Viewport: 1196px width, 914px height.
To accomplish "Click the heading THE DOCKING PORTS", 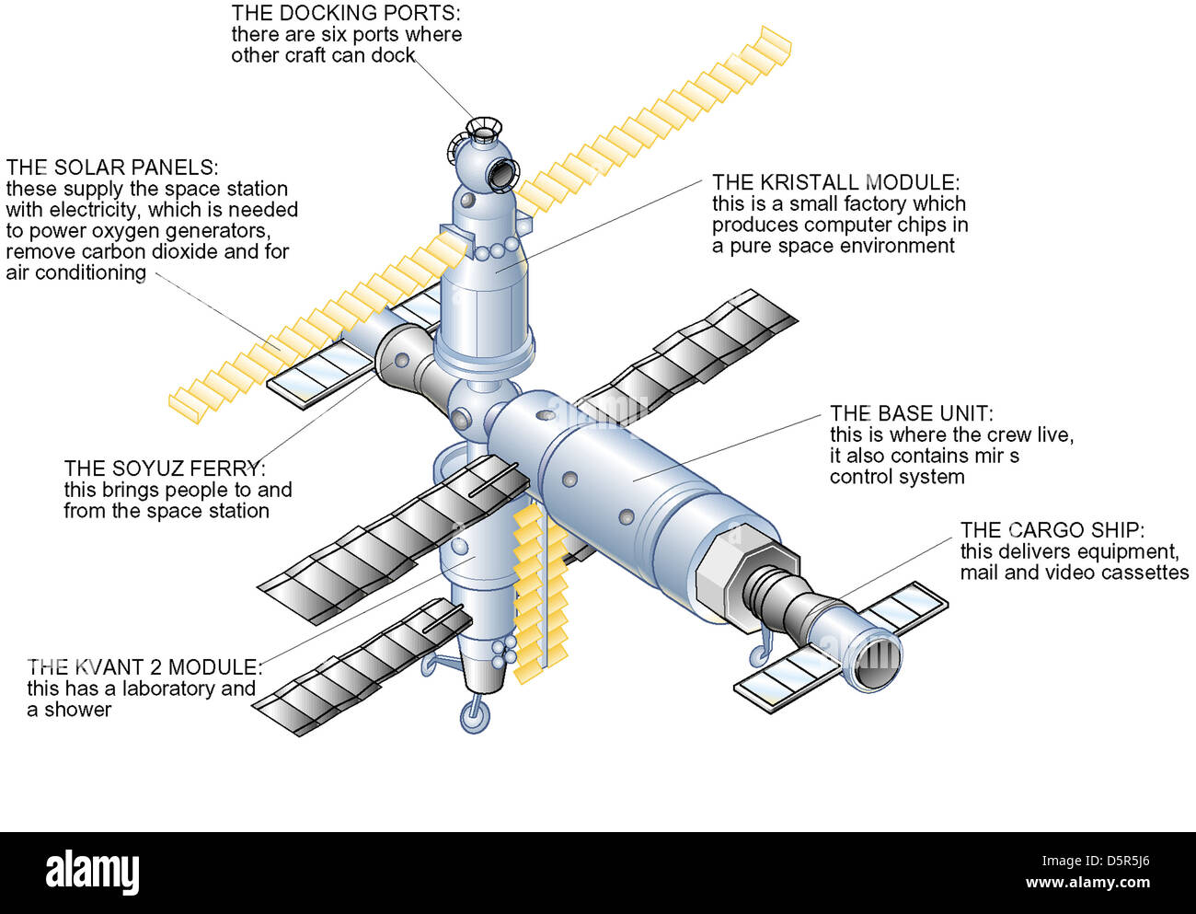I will pyautogui.click(x=345, y=13).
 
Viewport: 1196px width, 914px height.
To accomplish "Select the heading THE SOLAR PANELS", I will pyautogui.click(x=111, y=168).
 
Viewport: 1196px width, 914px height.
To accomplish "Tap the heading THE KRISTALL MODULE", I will pyautogui.click(x=835, y=182).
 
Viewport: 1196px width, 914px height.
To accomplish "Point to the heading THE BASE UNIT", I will pyautogui.click(x=911, y=414).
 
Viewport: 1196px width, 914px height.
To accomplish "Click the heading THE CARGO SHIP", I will pyautogui.click(x=1052, y=530).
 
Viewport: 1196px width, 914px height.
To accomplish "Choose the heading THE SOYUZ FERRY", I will pyautogui.click(x=165, y=469).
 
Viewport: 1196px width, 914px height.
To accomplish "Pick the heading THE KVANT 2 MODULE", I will pyautogui.click(x=144, y=667).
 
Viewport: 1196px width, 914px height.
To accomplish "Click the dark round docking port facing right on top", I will pyautogui.click(x=502, y=172).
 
